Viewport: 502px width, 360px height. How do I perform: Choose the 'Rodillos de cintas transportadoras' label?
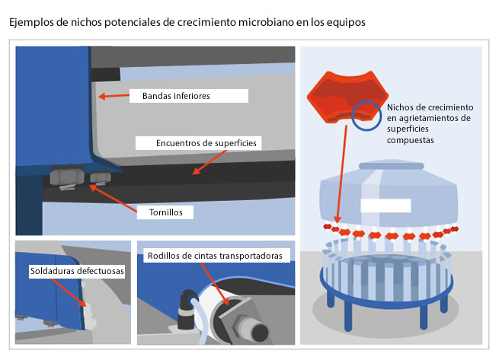(217, 256)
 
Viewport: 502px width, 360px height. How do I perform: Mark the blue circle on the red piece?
(366, 114)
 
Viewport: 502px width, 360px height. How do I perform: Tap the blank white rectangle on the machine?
(385, 205)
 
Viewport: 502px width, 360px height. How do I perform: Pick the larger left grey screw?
(66, 177)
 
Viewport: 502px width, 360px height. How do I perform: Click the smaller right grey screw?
(99, 178)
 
